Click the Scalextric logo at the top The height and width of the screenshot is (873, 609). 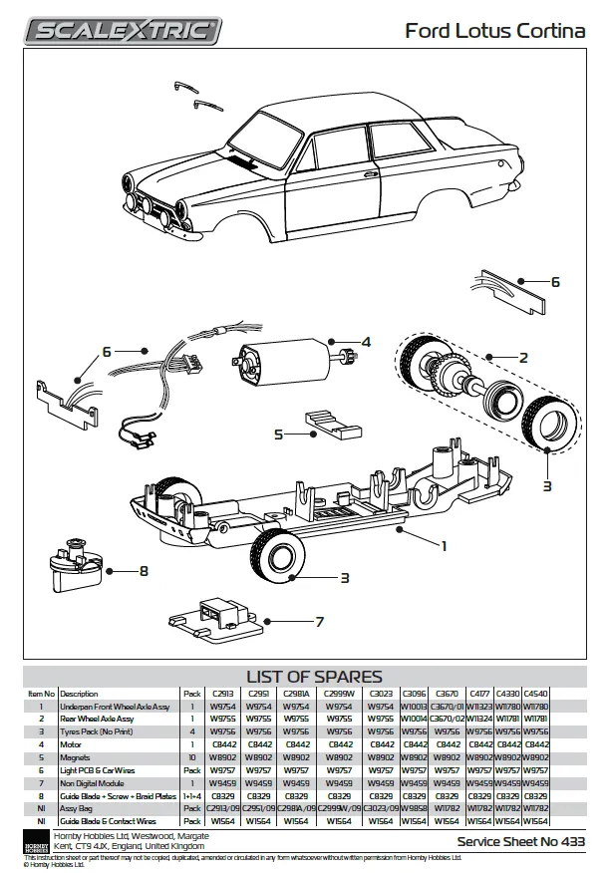(123, 31)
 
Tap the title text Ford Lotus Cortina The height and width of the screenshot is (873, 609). (494, 32)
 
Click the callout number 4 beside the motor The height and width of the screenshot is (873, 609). (366, 342)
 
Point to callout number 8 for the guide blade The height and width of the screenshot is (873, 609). (144, 571)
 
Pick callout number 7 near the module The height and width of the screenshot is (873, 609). (319, 622)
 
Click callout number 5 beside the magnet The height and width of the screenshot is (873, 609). (279, 435)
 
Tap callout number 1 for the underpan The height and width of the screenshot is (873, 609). (444, 545)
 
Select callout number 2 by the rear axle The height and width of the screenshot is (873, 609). (522, 356)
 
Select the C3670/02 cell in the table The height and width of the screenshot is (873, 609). (448, 719)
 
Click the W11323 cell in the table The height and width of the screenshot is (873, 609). (480, 706)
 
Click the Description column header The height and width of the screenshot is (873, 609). (79, 694)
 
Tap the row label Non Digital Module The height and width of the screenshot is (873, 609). (98, 782)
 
